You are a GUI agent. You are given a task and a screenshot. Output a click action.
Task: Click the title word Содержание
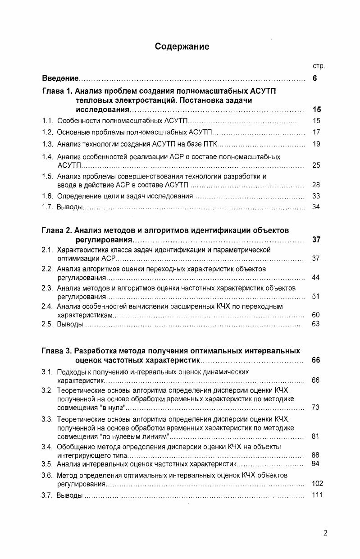(x=182, y=46)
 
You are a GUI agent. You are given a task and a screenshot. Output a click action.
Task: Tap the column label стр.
(x=319, y=66)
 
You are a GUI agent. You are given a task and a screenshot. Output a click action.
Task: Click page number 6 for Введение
(x=315, y=78)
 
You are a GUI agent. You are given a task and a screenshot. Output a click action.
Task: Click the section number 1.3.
(x=48, y=144)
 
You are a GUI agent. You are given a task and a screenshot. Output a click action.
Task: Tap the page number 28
(x=316, y=185)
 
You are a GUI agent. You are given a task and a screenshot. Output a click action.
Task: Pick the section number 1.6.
(x=48, y=196)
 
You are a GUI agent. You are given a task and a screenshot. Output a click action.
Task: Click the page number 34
(x=316, y=207)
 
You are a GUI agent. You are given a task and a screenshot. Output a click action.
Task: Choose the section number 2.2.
(x=48, y=269)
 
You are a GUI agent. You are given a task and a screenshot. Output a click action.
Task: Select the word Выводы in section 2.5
(x=70, y=324)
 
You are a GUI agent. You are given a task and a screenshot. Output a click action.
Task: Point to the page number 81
(x=316, y=436)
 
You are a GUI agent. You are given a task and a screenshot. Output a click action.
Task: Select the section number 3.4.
(x=48, y=447)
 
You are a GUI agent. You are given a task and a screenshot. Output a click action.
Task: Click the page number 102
(x=317, y=484)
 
